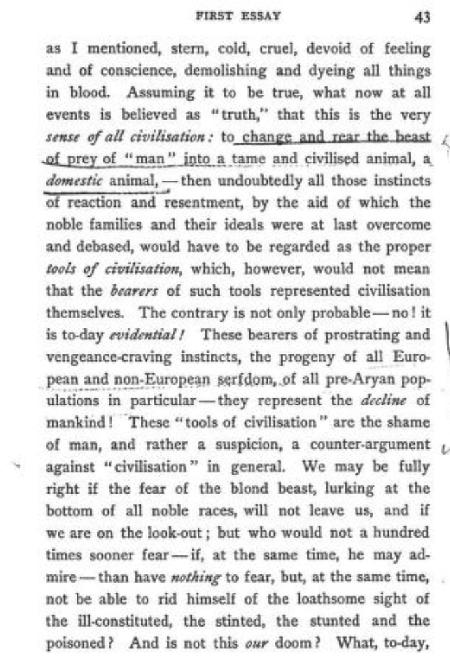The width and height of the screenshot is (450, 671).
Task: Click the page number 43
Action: [422, 18]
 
